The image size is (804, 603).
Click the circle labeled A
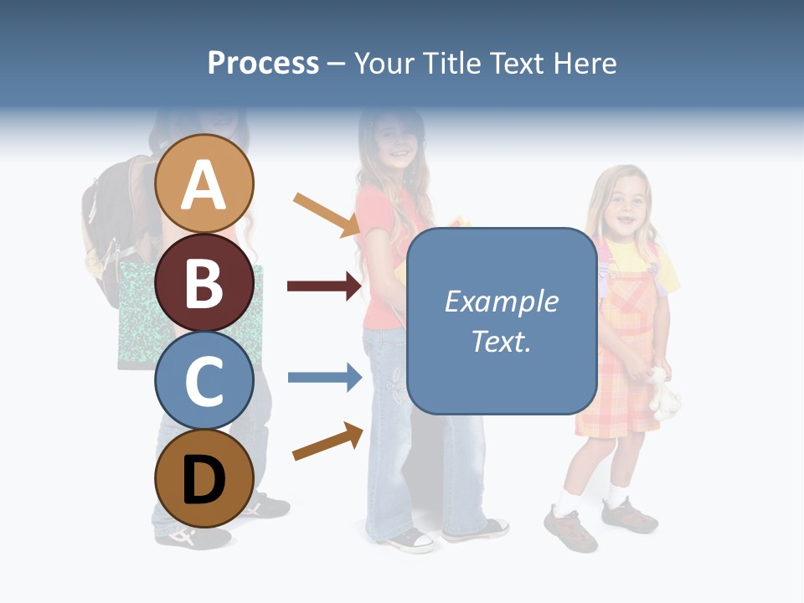click(204, 183)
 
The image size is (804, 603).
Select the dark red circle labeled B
click(204, 282)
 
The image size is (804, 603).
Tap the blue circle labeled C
click(204, 381)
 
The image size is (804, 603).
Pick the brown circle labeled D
click(204, 478)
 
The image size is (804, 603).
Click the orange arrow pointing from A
click(326, 214)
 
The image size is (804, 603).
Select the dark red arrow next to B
click(324, 286)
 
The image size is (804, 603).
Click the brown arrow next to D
click(327, 441)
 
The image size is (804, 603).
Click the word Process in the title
click(263, 63)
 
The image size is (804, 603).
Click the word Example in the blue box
click(501, 301)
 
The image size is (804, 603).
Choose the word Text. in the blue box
click(501, 341)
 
